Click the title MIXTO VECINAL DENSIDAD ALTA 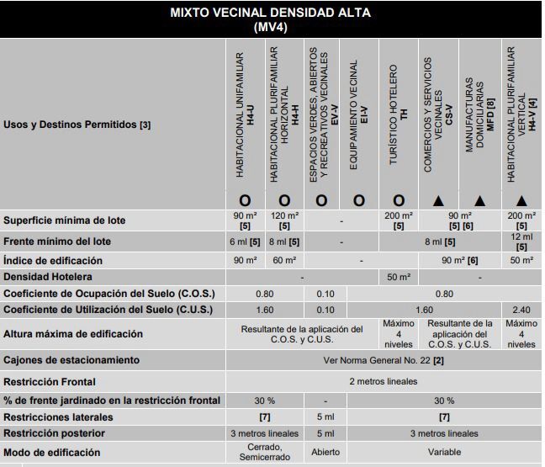tap(271, 13)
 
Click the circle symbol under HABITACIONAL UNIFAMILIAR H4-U tap(246, 200)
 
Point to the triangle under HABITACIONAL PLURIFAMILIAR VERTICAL tap(521, 200)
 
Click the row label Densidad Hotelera tap(47, 277)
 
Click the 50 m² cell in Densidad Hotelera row tap(398, 277)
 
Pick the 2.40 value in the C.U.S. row tap(521, 309)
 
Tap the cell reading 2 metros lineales tap(384, 380)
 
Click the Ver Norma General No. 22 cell tap(384, 360)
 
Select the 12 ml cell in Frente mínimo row tap(521, 241)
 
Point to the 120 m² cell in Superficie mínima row tap(284, 220)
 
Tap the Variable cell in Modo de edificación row tap(445, 452)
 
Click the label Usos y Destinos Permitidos tap(77, 125)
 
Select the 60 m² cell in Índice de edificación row tap(284, 261)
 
